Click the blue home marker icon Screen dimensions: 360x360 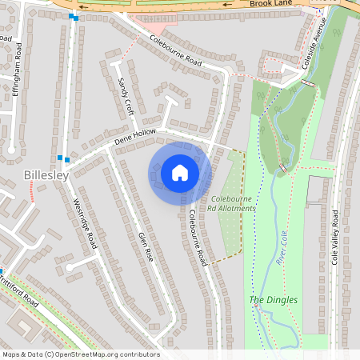(180, 173)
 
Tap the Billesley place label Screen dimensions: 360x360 (46, 174)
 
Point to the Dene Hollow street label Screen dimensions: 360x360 (134, 139)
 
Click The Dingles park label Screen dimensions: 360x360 (274, 300)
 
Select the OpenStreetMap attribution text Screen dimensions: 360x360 (81, 354)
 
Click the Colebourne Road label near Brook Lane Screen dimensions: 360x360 (175, 49)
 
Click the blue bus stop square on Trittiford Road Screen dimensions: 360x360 (2, 271)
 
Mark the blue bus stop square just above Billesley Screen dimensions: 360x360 (60, 158)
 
